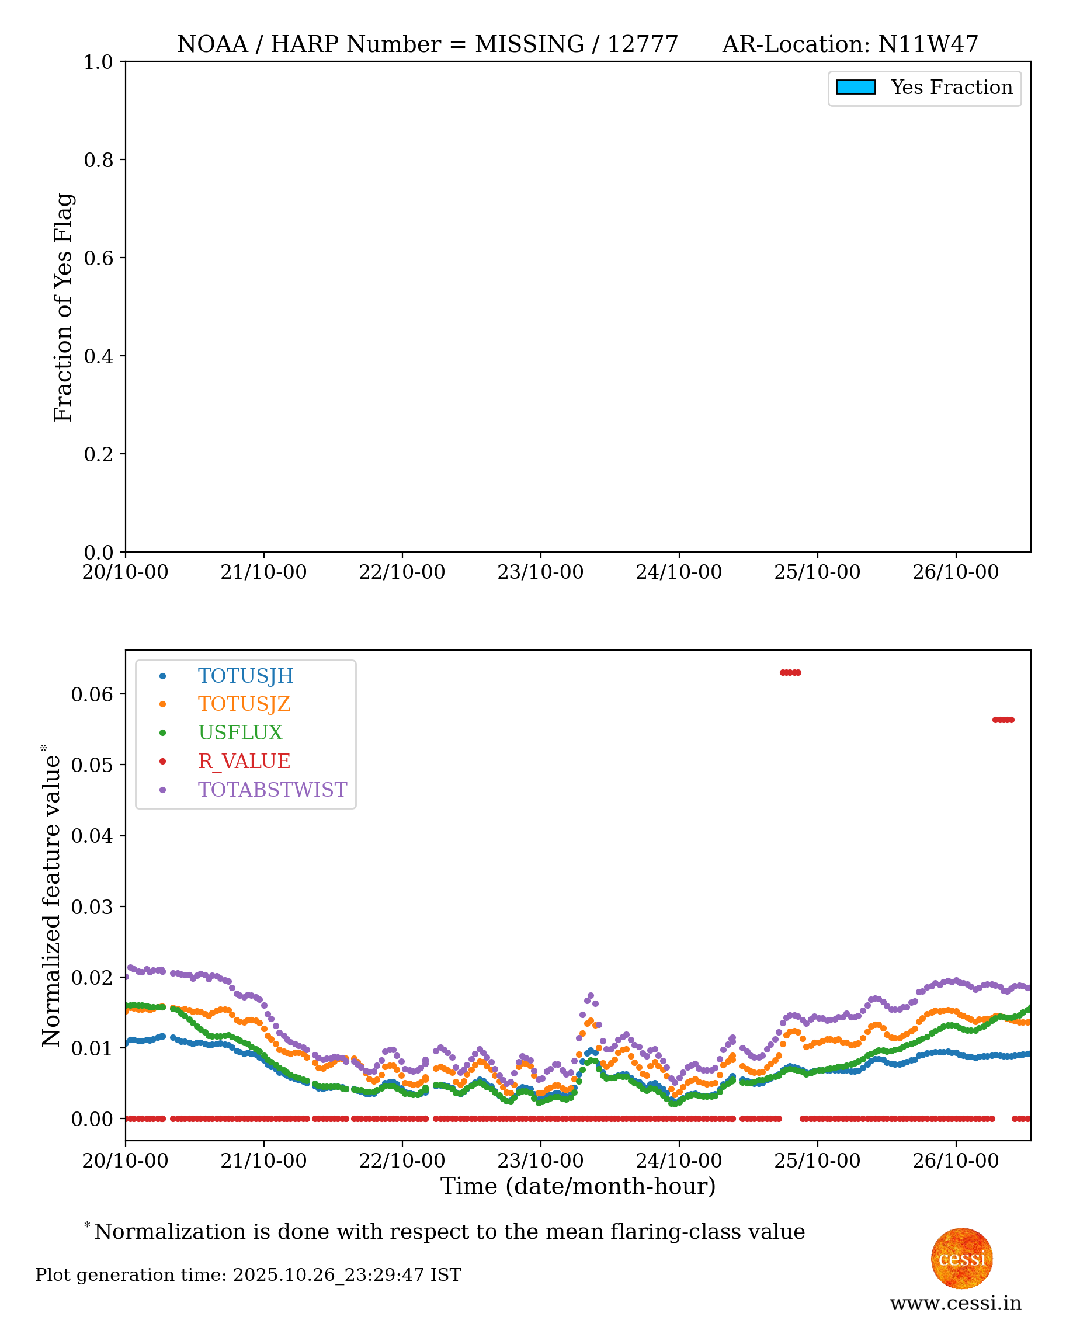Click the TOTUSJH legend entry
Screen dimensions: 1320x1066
pos(245,676)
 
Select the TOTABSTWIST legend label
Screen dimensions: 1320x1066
pos(272,790)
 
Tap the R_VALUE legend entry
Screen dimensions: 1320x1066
pos(244,761)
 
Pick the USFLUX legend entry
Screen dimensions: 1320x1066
pos(240,732)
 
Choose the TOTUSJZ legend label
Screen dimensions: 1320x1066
pos(244,704)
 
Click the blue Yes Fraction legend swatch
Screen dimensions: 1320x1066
pos(855,87)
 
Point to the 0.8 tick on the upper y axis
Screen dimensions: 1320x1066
pos(98,159)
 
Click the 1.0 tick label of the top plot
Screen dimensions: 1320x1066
pos(98,62)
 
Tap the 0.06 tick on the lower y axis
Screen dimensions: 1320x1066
pos(92,694)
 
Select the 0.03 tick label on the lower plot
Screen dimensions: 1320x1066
pos(92,907)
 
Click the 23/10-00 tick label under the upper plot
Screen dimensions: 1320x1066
pos(540,572)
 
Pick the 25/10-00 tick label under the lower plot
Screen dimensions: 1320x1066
pos(817,1161)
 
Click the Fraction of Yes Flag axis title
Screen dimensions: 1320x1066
pos(62,307)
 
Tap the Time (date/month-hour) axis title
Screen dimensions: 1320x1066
pos(578,1186)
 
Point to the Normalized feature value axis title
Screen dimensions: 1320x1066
pos(51,897)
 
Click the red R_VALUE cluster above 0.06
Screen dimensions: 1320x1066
pos(790,673)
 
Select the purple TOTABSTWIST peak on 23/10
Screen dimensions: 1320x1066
pos(591,995)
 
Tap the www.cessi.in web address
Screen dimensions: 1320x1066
pos(956,1303)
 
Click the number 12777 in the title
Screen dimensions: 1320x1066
pos(643,44)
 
